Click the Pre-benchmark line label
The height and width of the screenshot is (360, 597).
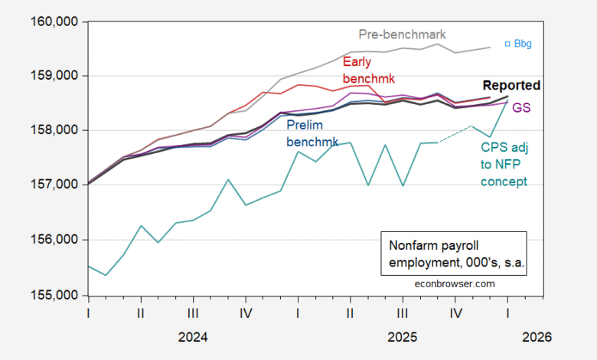(x=402, y=34)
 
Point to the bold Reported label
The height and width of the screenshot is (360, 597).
(x=511, y=85)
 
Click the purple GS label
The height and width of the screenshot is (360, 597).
(x=522, y=109)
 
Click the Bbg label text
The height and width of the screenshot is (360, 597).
(x=522, y=44)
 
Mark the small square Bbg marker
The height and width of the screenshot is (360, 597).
(x=507, y=44)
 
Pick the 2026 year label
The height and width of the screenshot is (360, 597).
(x=535, y=336)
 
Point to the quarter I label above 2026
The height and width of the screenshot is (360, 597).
(x=507, y=313)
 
